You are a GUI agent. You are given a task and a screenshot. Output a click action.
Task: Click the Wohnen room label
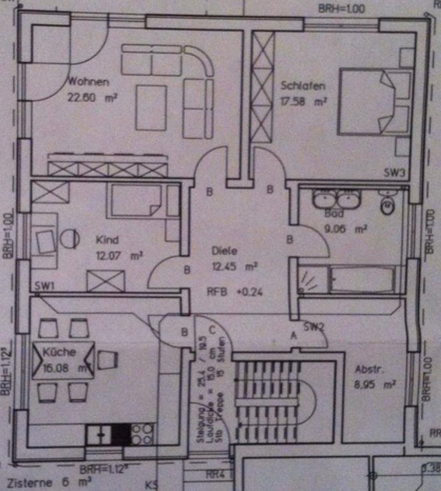pyautogui.click(x=89, y=81)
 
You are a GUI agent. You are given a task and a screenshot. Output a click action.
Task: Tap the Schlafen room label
pyautogui.click(x=302, y=86)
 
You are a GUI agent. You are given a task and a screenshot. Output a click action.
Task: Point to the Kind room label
pyautogui.click(x=108, y=239)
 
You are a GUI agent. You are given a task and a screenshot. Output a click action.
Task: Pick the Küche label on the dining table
pyautogui.click(x=59, y=352)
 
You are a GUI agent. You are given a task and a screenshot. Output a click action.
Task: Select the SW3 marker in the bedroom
pyautogui.click(x=394, y=173)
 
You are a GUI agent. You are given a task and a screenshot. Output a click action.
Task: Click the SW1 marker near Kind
pyautogui.click(x=45, y=285)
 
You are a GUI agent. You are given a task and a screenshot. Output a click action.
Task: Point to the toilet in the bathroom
pyautogui.click(x=387, y=205)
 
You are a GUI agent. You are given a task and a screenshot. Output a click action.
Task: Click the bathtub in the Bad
pyautogui.click(x=361, y=280)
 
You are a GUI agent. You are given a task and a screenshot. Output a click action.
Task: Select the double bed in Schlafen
pyautogui.click(x=374, y=103)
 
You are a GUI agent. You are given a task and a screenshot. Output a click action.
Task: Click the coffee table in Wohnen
pyautogui.click(x=151, y=107)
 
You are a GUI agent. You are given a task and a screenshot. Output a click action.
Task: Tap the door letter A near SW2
pyautogui.click(x=293, y=336)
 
